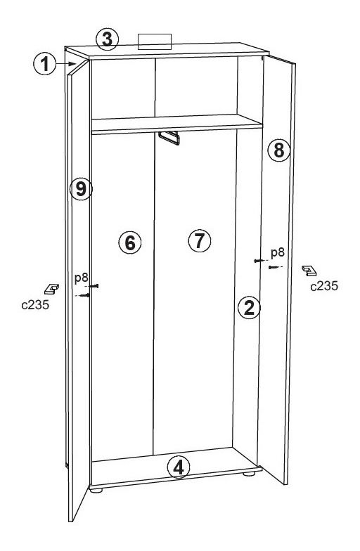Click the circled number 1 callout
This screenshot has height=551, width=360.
tap(45, 64)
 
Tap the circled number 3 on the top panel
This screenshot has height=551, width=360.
tap(107, 39)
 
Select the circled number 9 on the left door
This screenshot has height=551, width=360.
tap(81, 190)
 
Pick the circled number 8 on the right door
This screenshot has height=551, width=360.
tap(278, 150)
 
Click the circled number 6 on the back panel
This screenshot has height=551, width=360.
tap(130, 242)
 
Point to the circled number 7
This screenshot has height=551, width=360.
tap(200, 240)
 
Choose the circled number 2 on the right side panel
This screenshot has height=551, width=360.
tap(249, 308)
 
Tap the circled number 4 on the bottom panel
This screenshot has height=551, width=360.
tap(179, 468)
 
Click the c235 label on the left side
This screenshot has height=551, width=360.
tap(35, 305)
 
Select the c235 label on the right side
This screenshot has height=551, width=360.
tap(324, 286)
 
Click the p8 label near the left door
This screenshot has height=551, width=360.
tap(82, 278)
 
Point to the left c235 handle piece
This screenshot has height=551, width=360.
tap(52, 289)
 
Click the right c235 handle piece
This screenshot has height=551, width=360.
tap(309, 271)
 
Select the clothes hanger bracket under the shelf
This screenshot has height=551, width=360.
tap(169, 138)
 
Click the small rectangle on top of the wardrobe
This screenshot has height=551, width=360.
tap(155, 42)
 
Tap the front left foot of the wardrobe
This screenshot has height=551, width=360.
tap(96, 490)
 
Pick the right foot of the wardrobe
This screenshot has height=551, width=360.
tap(249, 474)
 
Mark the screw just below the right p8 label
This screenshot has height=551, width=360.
tap(274, 267)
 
